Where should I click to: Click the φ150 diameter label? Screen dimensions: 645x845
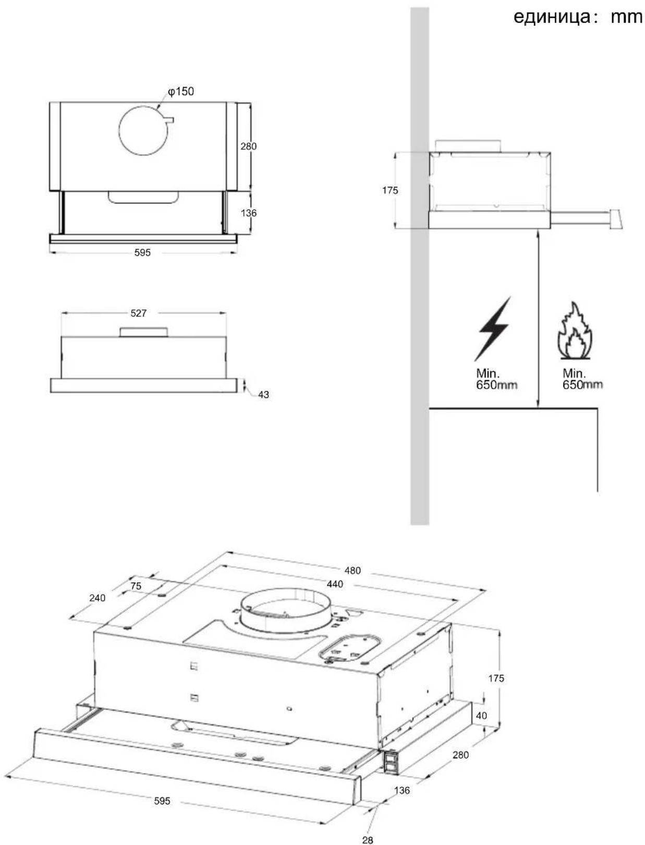[180, 92]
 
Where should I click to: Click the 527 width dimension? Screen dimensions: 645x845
[139, 313]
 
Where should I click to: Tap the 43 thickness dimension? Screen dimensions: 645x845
[264, 394]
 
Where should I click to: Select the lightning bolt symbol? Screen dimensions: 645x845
[493, 329]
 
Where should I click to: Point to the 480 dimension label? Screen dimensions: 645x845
[352, 571]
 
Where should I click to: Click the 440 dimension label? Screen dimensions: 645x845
[335, 584]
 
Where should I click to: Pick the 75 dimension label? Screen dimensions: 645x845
[136, 586]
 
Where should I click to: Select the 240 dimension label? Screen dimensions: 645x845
[97, 598]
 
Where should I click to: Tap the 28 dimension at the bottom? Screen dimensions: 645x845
[368, 837]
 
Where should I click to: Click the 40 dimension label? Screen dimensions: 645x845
[481, 715]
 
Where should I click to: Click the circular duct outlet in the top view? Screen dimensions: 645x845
[143, 130]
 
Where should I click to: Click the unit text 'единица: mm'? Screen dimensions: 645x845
[578, 17]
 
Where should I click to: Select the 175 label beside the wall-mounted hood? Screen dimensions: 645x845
[390, 190]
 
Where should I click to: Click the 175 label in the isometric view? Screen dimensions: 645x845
[496, 678]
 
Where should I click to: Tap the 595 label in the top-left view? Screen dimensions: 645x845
[142, 253]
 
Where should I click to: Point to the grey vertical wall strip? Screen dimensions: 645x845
[419, 266]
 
